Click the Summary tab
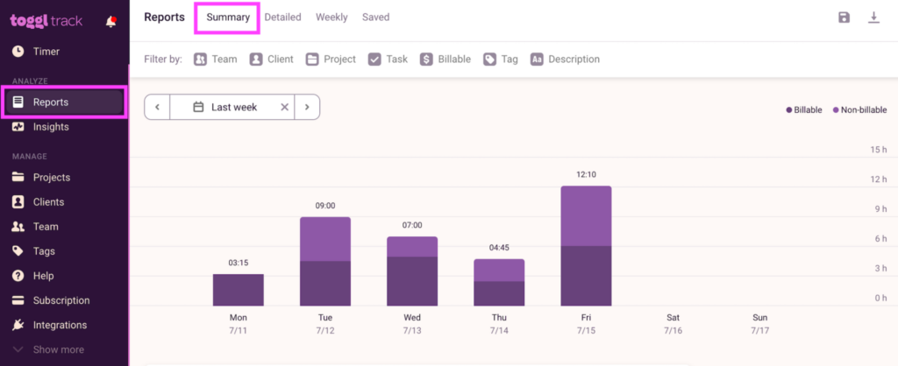click(x=228, y=18)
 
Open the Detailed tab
click(x=282, y=18)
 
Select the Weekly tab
click(x=331, y=18)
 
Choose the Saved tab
click(x=375, y=18)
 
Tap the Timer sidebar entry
click(x=47, y=52)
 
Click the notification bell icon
click(x=110, y=22)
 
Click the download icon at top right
click(x=873, y=18)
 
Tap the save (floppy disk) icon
click(x=844, y=18)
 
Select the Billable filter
click(x=445, y=60)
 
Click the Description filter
click(x=565, y=60)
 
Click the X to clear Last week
click(x=284, y=107)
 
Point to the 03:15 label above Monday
click(x=238, y=263)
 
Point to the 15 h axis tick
click(x=878, y=150)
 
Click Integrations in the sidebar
click(x=60, y=325)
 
